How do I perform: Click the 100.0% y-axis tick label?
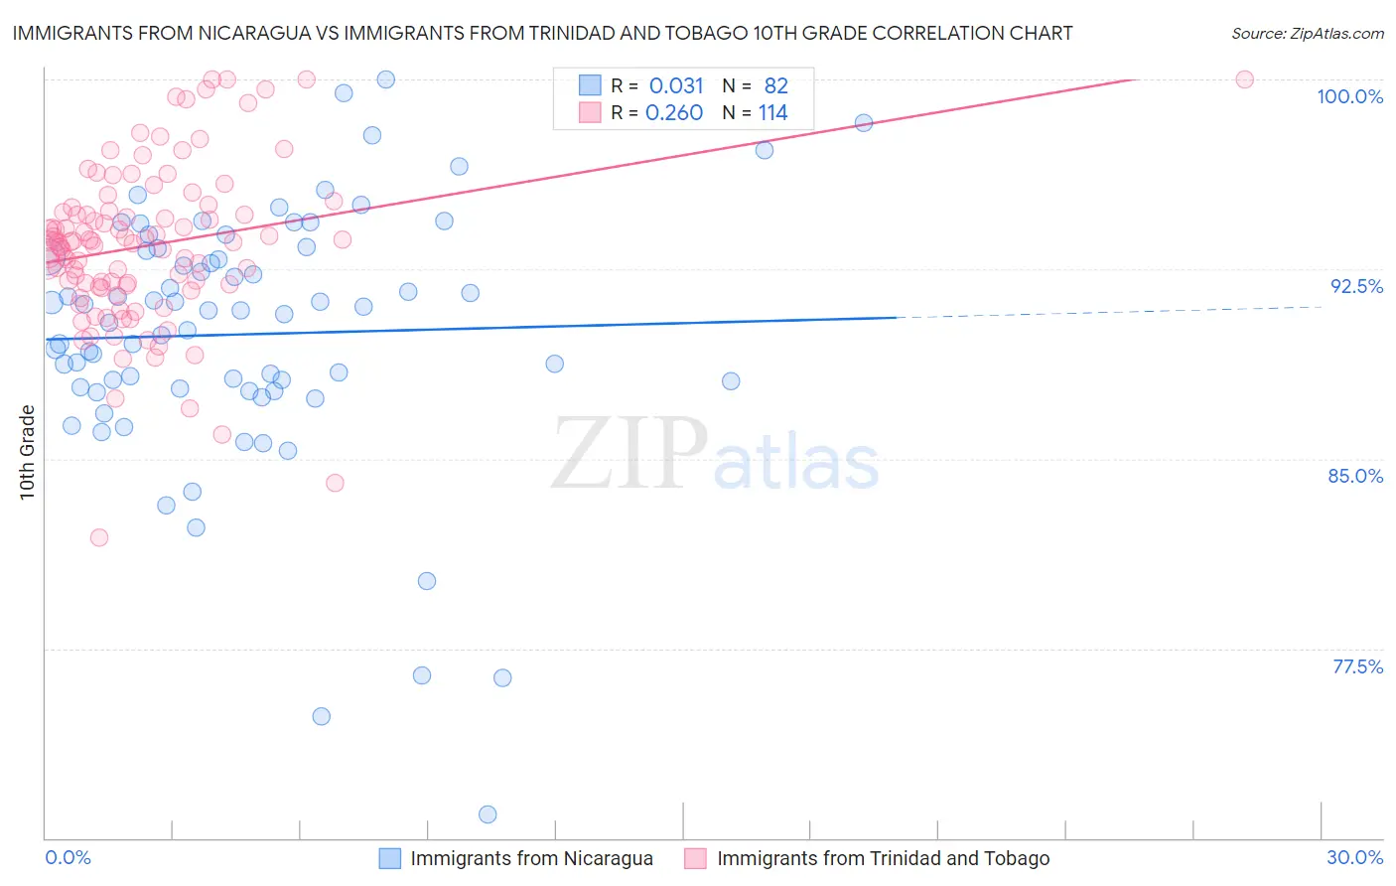(x=1349, y=96)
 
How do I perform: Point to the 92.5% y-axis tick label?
(x=1356, y=286)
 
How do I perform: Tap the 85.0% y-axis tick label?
(x=1355, y=476)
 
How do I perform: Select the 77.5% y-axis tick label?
(x=1357, y=666)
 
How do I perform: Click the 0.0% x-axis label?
(x=68, y=857)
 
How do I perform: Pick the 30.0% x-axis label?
(x=1354, y=857)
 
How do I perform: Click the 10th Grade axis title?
(x=28, y=452)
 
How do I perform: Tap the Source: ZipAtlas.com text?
(x=1307, y=33)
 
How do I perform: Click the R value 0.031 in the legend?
(x=676, y=86)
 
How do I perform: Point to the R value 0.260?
(x=674, y=113)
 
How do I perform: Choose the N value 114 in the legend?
(x=772, y=113)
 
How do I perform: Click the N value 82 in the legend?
(x=775, y=86)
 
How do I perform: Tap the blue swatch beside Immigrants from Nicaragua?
(x=390, y=858)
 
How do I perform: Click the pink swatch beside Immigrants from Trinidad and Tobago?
(x=696, y=858)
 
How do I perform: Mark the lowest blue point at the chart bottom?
(x=488, y=814)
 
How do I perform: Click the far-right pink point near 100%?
(x=1244, y=79)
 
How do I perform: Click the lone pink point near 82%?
(x=99, y=537)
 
